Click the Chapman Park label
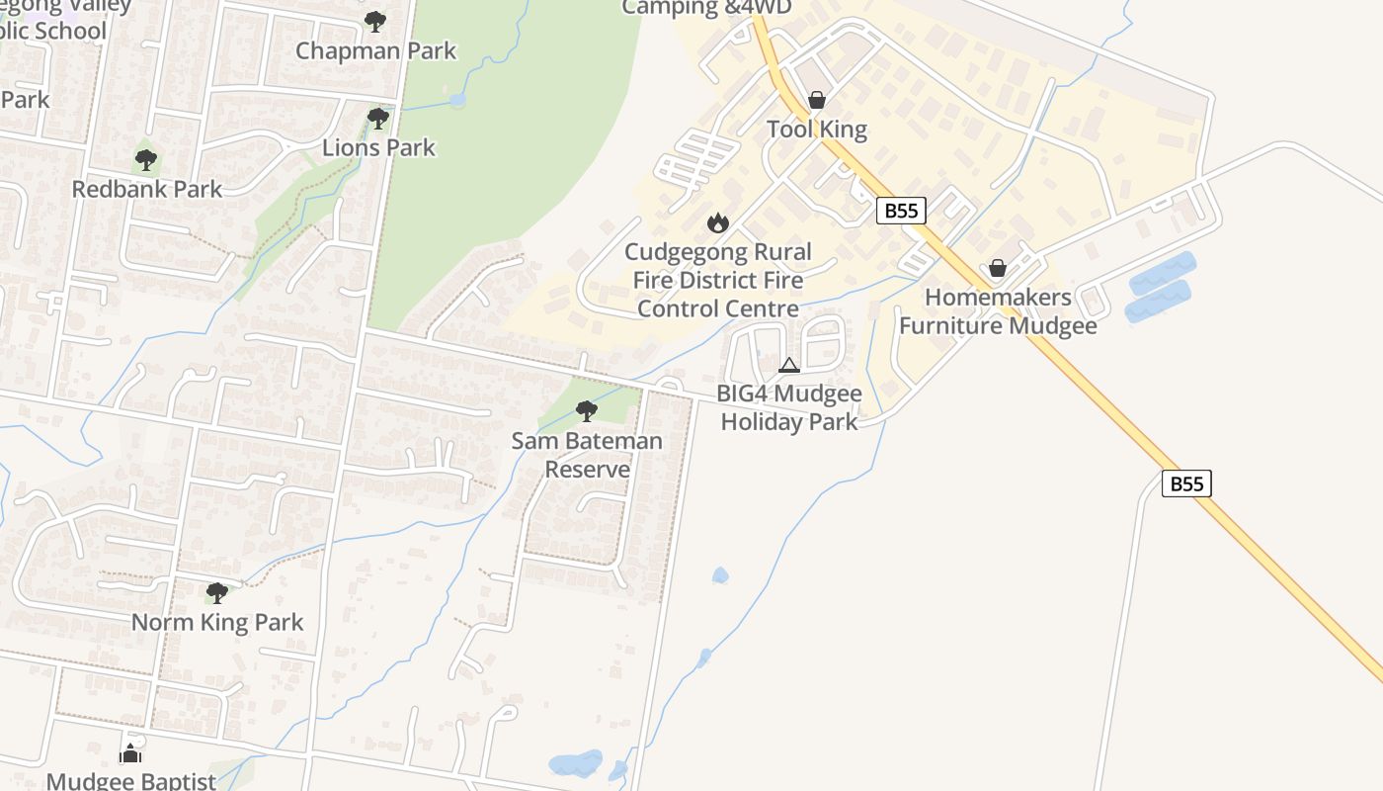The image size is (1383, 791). (375, 50)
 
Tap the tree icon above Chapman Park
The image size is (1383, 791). (374, 21)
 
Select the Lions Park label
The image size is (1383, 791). (378, 147)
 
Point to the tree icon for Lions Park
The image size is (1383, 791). (377, 119)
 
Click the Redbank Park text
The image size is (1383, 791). (147, 188)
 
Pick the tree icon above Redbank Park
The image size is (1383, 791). (146, 159)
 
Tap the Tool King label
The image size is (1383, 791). (817, 129)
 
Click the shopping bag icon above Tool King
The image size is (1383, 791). (817, 100)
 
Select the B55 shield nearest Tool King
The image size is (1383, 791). (900, 210)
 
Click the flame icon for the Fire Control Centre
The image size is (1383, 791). (718, 223)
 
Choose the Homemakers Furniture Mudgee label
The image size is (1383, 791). (998, 311)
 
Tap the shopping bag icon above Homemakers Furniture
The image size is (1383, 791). (998, 268)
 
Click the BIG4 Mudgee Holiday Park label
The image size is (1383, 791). (789, 407)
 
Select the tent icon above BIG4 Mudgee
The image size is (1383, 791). (788, 366)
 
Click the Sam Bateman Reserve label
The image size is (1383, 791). (587, 455)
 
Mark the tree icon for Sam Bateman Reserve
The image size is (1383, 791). (587, 410)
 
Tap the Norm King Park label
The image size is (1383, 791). (217, 622)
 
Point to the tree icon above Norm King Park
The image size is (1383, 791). (217, 593)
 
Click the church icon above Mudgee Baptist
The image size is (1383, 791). (130, 753)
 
